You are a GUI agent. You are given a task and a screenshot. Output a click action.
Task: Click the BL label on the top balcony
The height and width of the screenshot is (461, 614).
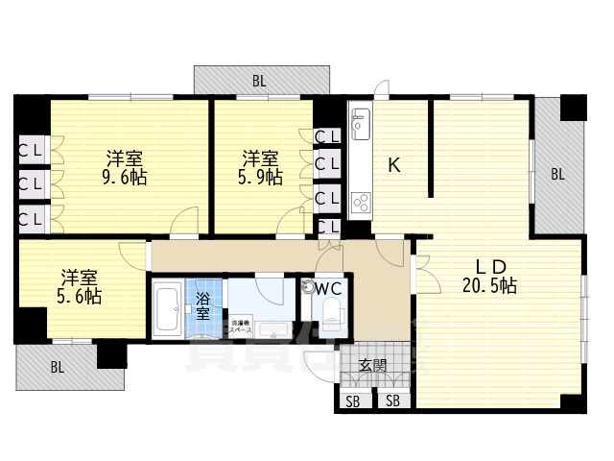click(259, 82)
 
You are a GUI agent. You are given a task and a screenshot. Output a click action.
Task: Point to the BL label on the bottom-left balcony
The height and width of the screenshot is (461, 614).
click(57, 367)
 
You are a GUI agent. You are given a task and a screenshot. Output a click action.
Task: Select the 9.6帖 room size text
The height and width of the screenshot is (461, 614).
click(126, 178)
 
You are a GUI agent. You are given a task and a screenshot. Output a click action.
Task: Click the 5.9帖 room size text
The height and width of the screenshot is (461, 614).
click(260, 178)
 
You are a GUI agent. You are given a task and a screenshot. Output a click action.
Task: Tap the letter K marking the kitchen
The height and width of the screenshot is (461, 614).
click(393, 164)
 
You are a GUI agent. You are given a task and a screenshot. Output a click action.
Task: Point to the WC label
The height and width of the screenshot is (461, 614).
click(323, 287)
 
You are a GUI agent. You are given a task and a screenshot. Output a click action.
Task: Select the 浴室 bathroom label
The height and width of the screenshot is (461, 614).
click(203, 305)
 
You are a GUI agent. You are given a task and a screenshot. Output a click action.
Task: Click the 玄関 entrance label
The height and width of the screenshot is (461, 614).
click(373, 365)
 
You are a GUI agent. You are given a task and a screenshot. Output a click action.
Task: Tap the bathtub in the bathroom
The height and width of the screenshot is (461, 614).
click(170, 309)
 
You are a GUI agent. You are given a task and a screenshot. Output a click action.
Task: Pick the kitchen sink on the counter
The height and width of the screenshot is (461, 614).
click(362, 124)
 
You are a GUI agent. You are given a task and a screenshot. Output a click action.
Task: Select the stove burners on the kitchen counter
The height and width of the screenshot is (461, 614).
click(363, 202)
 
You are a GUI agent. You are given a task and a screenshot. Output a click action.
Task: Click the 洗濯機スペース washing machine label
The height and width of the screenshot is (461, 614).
click(239, 325)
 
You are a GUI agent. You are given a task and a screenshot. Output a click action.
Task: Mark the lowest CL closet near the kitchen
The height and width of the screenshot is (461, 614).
click(327, 228)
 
